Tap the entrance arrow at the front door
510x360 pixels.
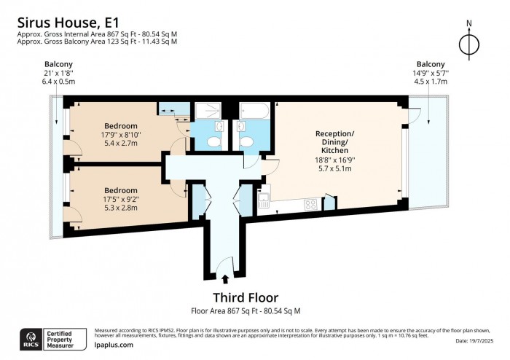(224, 278)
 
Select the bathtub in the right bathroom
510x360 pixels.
(251, 111)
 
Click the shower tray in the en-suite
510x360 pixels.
(209, 111)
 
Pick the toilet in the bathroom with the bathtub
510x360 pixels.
(247, 141)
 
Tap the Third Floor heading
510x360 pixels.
(245, 297)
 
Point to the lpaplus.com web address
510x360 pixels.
(114, 345)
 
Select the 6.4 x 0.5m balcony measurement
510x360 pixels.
(58, 82)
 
